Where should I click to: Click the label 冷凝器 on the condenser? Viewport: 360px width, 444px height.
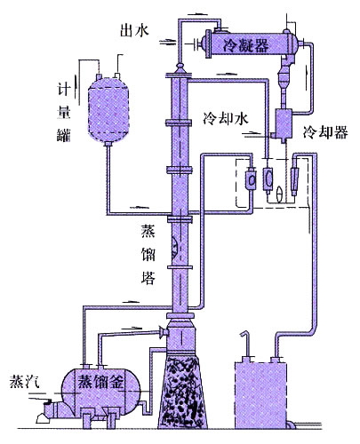pos(245,45)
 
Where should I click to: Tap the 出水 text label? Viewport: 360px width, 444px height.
pos(134,30)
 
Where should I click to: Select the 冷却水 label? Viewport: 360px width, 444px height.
pos(226,119)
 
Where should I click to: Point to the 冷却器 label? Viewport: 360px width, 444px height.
pos(325,132)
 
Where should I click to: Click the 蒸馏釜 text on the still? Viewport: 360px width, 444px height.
pos(100,383)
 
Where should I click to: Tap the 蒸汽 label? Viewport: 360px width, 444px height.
pos(24,382)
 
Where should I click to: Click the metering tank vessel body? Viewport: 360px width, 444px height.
pos(108,110)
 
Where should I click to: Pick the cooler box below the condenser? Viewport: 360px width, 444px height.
pos(284,123)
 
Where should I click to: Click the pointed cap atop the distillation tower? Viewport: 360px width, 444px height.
pos(180,68)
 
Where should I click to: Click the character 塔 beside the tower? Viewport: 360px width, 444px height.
pos(148,278)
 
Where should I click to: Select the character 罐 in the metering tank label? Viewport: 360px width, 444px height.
pos(64,136)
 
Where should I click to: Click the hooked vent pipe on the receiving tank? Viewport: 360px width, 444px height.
pos(246,345)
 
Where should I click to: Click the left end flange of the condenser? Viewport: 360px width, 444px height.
pos(207,44)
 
